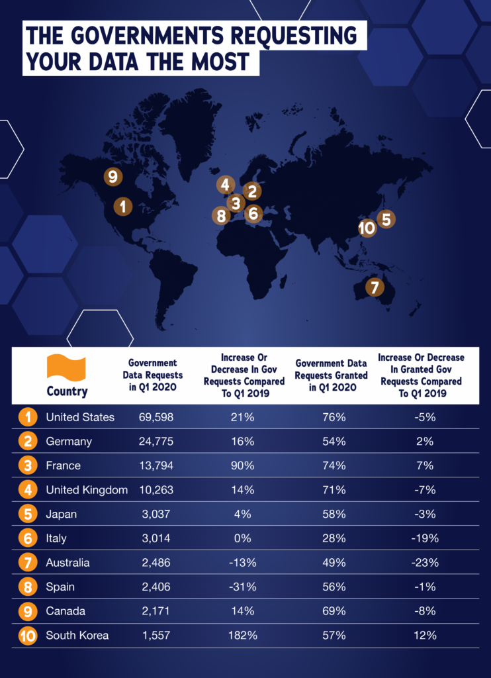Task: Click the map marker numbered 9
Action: tap(113, 177)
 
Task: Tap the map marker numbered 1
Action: tap(122, 207)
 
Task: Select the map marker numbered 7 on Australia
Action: tap(375, 288)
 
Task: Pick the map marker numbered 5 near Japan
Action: tap(386, 218)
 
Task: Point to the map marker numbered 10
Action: tap(367, 228)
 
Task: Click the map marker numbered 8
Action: tap(220, 215)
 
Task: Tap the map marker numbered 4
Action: tap(225, 185)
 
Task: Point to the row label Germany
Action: tap(69, 442)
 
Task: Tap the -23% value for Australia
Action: tap(421, 563)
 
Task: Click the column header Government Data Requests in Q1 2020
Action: tap(153, 375)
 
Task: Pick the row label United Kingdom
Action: tap(87, 490)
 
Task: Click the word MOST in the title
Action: tap(212, 60)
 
